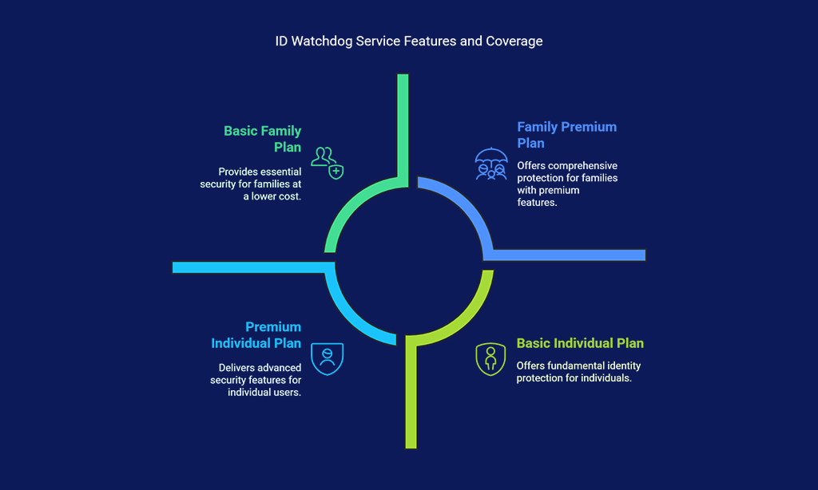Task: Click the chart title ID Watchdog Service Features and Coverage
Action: [409, 41]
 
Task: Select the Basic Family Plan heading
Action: [262, 139]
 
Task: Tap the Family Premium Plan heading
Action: [566, 135]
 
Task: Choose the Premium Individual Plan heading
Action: [256, 334]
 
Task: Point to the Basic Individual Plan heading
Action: [580, 343]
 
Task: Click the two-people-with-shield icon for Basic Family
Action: [327, 163]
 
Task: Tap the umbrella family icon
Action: [491, 164]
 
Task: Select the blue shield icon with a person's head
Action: [327, 358]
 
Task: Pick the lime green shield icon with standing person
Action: [490, 359]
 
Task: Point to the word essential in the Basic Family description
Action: [282, 172]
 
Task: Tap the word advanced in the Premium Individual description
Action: [281, 367]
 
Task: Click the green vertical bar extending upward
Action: [403, 130]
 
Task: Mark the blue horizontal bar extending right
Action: [569, 255]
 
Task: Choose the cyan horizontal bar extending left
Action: [249, 267]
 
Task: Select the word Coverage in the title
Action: [514, 41]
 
